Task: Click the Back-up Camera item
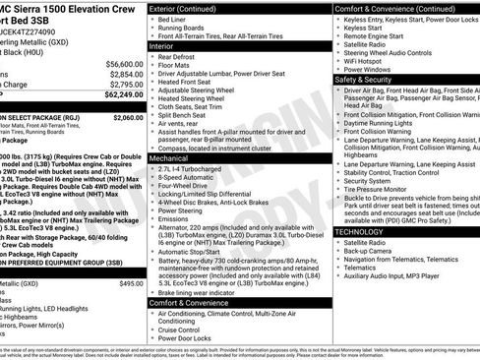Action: click(x=372, y=251)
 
